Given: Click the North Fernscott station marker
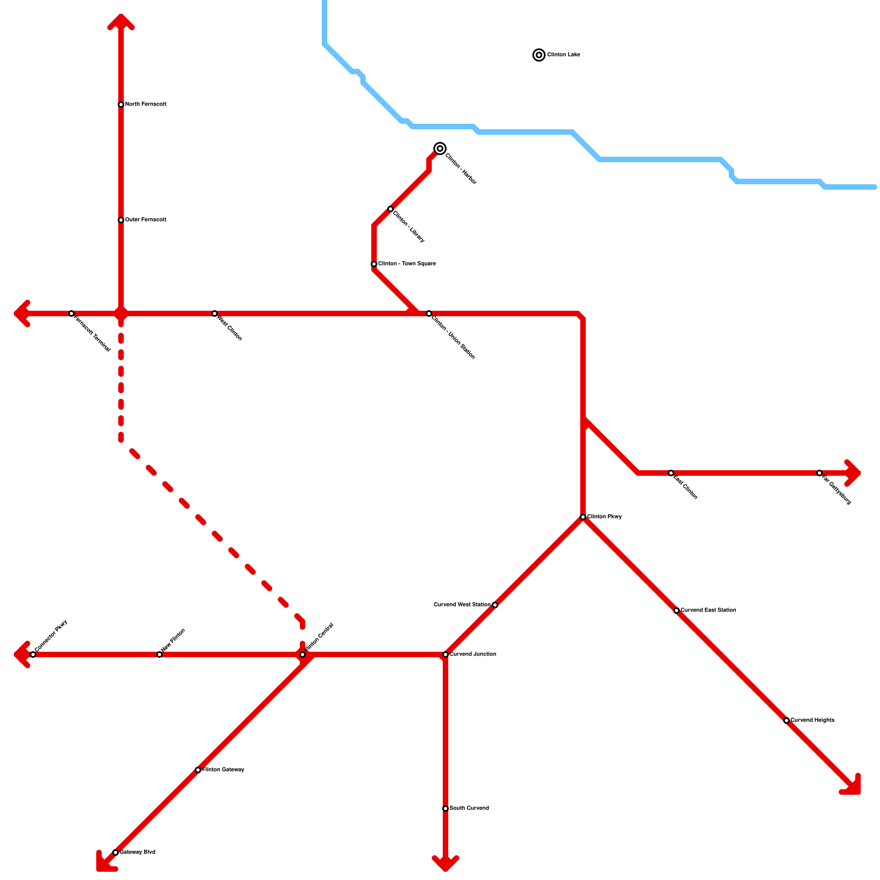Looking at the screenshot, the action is point(121,105).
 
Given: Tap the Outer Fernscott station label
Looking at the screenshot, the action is point(146,220).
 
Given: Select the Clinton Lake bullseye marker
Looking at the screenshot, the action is point(539,55).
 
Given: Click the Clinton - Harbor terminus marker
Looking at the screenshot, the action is point(440,148).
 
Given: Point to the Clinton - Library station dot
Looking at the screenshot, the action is point(391,209).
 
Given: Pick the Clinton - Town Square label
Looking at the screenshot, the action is point(407,264).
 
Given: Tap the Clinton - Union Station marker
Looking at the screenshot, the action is point(429,313).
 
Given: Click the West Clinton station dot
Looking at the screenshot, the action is point(215,313).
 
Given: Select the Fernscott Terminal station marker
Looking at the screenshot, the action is point(71,313).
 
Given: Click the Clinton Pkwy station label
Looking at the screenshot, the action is point(604,517).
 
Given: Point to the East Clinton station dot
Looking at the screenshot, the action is point(671,473).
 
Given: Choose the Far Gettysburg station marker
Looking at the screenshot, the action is point(820,473).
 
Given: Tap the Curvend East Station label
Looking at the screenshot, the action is point(708,610).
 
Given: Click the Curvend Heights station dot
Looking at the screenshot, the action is point(787,721).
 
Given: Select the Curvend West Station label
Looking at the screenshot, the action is point(462,605).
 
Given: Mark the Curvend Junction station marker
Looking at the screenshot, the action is point(446,654).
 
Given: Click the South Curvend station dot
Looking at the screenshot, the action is point(446,809).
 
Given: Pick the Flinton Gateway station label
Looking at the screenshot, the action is point(223,770).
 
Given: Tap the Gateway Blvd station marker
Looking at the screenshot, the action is point(116,853).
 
